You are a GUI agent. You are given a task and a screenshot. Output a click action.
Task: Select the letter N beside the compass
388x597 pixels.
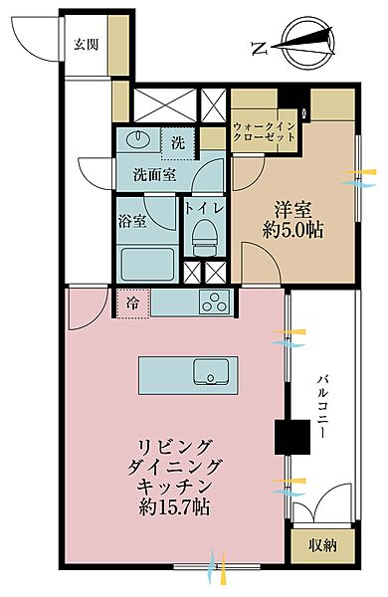point(259,47)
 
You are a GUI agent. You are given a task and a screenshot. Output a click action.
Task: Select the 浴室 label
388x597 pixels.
point(132,220)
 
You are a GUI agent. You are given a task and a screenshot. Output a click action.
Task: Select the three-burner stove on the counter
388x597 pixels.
point(213,302)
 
